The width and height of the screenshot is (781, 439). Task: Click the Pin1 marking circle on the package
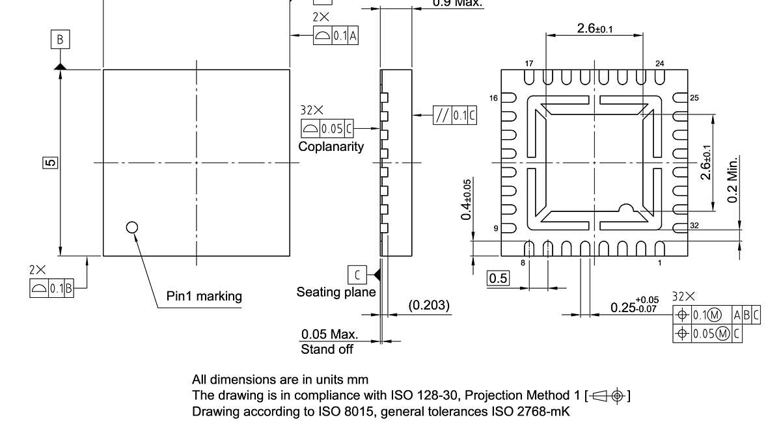(132, 227)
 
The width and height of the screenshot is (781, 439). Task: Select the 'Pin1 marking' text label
(204, 297)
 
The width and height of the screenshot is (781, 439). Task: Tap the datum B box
(60, 40)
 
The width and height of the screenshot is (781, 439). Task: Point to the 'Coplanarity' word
(331, 147)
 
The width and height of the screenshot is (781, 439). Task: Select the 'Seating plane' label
(336, 292)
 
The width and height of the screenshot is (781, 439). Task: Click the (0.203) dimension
(429, 304)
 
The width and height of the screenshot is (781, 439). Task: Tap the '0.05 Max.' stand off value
(329, 334)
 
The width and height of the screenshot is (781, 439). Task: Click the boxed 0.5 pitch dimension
(499, 278)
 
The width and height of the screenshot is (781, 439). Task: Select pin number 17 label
(528, 64)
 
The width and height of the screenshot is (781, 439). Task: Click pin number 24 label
(659, 64)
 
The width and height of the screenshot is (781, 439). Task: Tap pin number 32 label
(694, 226)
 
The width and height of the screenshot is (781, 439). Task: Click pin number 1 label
(659, 263)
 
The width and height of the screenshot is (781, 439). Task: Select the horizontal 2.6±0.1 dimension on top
(594, 29)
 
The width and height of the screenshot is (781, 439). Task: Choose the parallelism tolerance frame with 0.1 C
(454, 116)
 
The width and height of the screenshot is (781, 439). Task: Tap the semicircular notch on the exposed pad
(626, 209)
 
